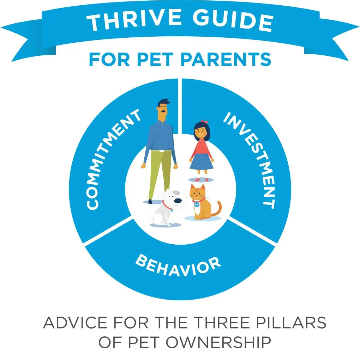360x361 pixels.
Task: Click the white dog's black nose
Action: [x=178, y=201]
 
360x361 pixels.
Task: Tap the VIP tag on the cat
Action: [x=197, y=204]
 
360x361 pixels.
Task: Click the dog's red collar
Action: [x=166, y=205]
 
